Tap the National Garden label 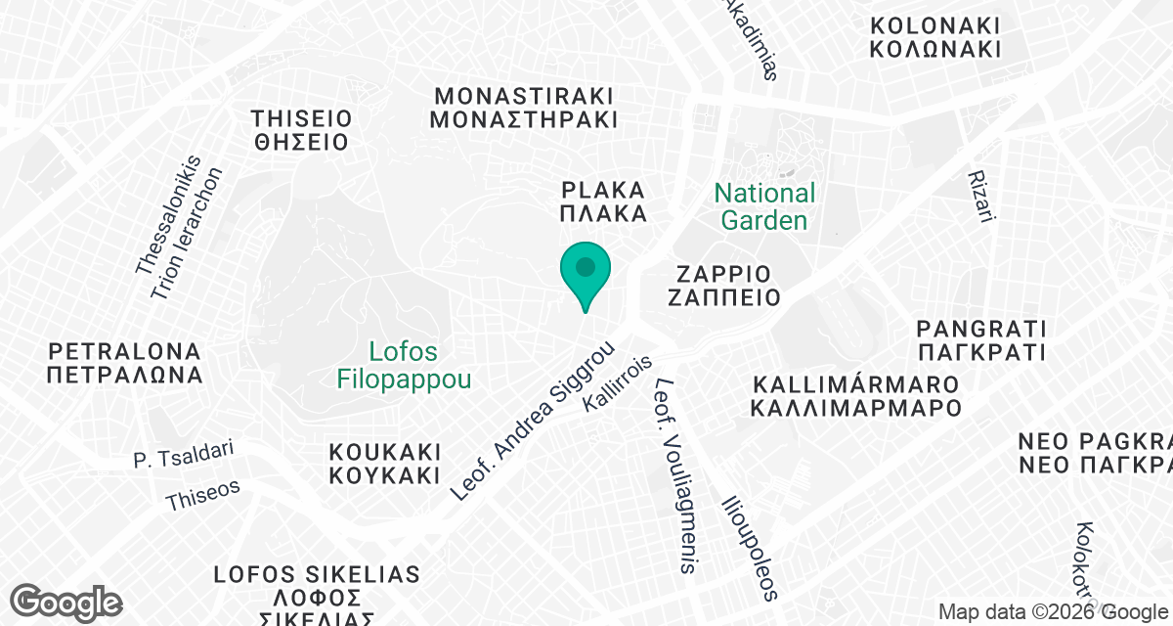coord(764,206)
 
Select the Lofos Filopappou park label coord(404,365)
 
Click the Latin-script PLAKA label coord(604,189)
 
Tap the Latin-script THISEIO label coord(300,118)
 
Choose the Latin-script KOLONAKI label coord(935,25)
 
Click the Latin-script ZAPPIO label coord(722,273)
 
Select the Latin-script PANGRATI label coord(981,328)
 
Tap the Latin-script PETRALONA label coord(124,350)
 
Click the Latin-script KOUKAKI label coord(385,453)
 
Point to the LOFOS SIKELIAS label coord(317,574)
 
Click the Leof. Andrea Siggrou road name coord(533,422)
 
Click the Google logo coord(66,602)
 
